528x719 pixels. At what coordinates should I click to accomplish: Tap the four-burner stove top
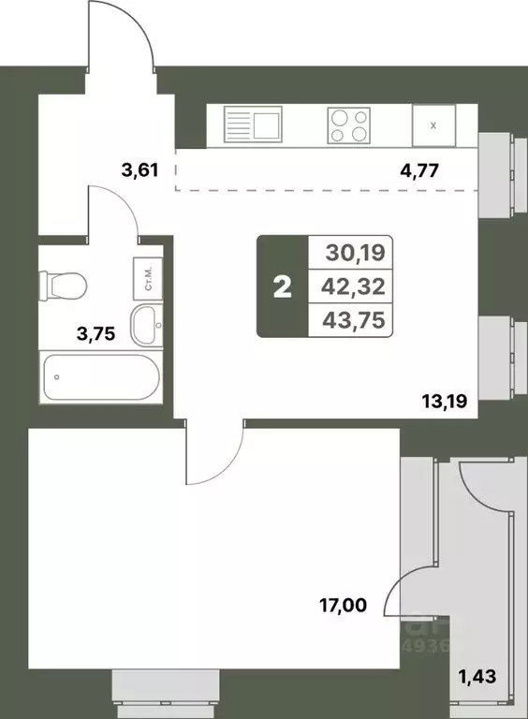click(347, 125)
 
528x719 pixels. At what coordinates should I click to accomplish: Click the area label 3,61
click(139, 170)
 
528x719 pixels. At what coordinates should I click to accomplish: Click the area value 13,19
click(444, 405)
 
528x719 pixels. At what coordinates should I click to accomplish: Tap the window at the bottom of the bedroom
click(157, 688)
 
